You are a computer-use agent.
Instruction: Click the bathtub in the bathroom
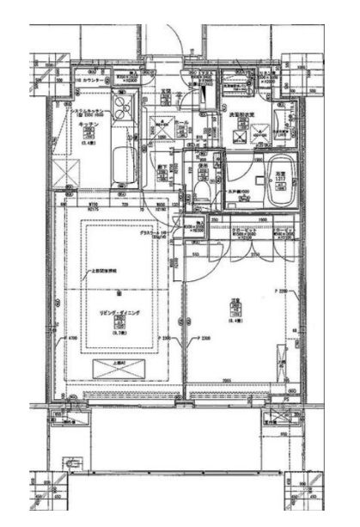point(279,183)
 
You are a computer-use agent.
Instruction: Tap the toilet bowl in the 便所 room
point(201,191)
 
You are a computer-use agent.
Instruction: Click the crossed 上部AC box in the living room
point(119,365)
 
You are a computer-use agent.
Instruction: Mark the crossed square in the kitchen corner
point(61,170)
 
